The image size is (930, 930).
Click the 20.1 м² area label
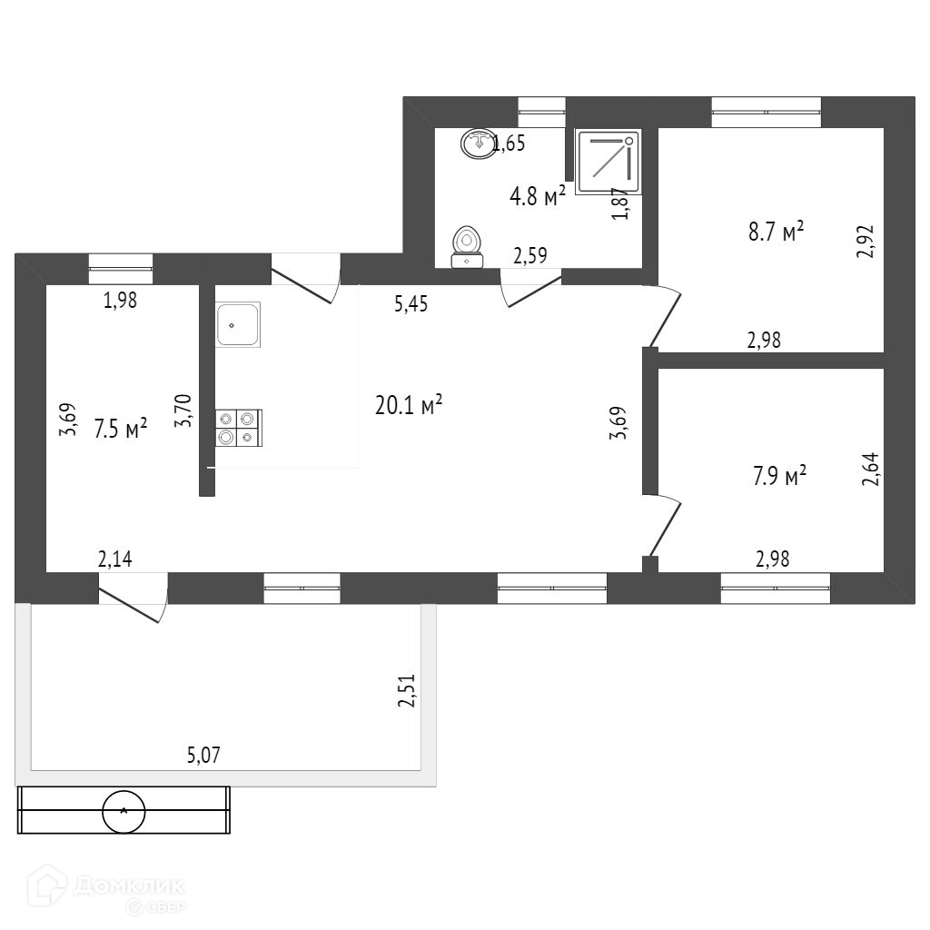(x=409, y=404)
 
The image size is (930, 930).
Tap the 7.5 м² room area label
(x=121, y=429)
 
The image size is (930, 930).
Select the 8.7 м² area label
(x=777, y=232)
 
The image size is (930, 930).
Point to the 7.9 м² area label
(x=780, y=475)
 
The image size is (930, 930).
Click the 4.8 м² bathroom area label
(x=539, y=195)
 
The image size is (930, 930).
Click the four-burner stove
(x=239, y=428)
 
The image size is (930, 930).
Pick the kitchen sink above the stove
(x=238, y=323)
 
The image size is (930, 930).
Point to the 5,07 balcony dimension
(x=203, y=754)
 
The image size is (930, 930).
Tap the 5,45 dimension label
(x=411, y=305)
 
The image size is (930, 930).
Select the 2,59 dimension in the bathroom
(x=530, y=257)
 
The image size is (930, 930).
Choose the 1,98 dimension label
(x=120, y=302)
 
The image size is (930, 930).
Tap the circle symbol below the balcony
(x=123, y=811)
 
